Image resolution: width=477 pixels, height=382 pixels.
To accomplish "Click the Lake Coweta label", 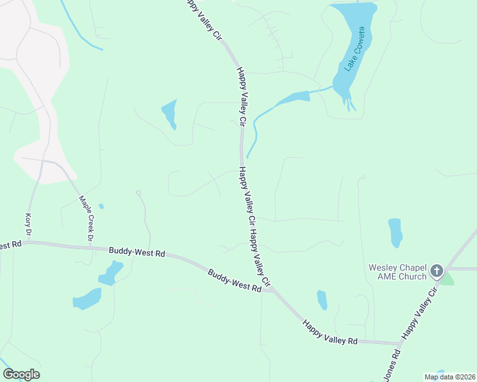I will point(355,49).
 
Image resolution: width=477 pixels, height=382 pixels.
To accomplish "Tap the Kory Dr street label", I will point(28,222).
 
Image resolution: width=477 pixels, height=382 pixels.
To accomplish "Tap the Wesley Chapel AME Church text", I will point(397,272).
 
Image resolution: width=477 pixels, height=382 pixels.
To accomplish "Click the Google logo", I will point(21,374).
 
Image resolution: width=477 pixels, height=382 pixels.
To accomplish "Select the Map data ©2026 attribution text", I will point(450,377).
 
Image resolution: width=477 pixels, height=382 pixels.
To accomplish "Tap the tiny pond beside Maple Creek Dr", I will point(101,206).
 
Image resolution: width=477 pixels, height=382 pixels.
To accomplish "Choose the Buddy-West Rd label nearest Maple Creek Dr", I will point(136,253).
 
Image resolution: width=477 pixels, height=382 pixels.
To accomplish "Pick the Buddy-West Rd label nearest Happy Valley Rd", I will point(235,280).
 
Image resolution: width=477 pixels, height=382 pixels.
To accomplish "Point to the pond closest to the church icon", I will point(395,233).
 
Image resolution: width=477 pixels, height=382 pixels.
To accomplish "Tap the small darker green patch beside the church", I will point(447,278).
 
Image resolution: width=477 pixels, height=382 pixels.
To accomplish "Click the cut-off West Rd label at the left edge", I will point(11,244).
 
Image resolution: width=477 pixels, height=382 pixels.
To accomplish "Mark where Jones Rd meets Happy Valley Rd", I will point(400,344).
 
